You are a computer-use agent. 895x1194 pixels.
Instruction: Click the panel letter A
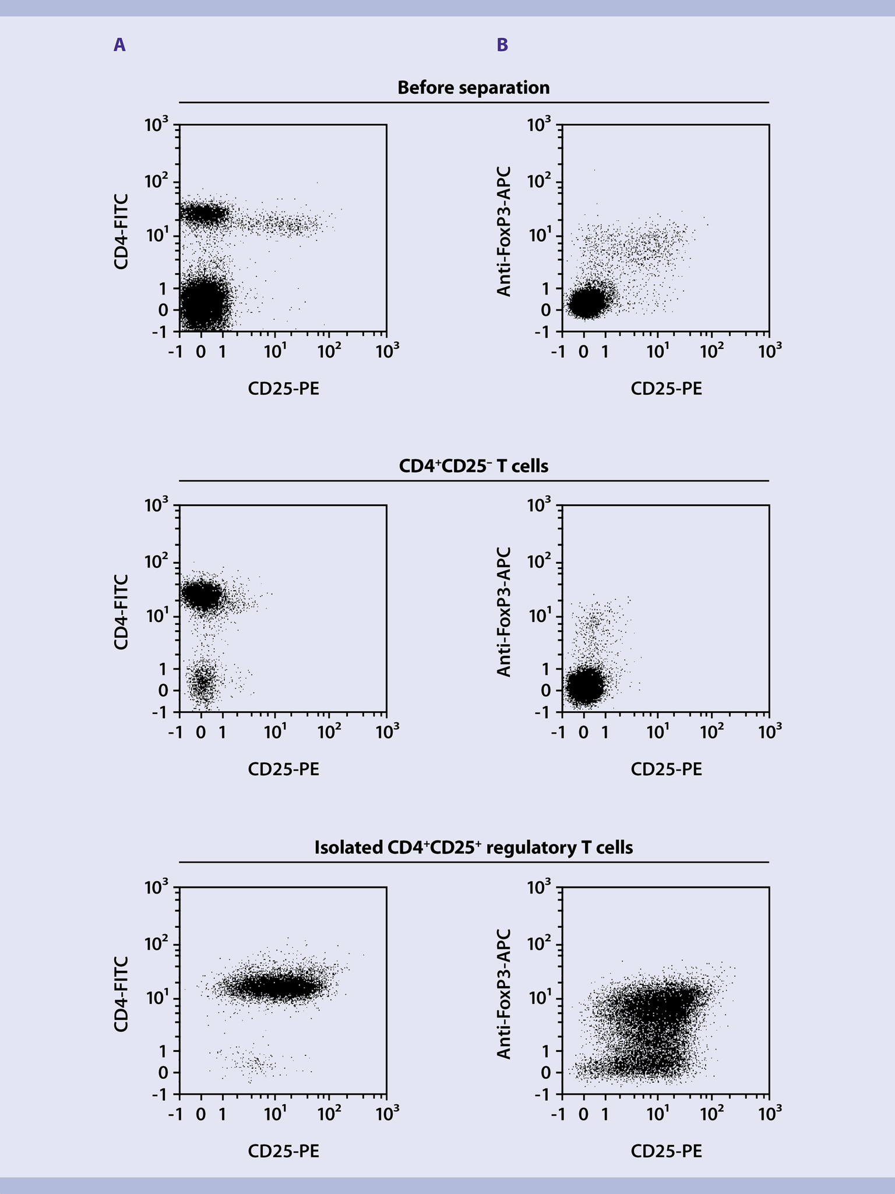(x=119, y=45)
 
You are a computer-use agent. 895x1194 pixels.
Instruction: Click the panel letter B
(x=502, y=45)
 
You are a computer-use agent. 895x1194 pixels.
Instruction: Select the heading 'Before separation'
(x=473, y=88)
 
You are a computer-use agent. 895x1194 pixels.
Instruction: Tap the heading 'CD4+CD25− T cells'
(x=473, y=467)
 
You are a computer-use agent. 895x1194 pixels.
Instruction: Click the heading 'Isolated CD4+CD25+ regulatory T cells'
(x=473, y=847)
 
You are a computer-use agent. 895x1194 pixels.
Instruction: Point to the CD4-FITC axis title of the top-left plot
(x=121, y=231)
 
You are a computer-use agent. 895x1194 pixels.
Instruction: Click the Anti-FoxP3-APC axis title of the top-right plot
(x=503, y=231)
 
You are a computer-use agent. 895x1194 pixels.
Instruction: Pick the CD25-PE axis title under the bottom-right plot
(x=666, y=1151)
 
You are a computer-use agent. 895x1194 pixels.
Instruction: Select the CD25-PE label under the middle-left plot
(x=283, y=769)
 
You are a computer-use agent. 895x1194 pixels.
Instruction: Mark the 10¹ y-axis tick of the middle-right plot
(x=540, y=616)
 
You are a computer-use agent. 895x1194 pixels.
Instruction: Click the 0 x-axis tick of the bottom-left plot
(x=201, y=1114)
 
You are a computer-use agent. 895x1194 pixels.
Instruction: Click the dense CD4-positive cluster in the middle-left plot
(x=201, y=595)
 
